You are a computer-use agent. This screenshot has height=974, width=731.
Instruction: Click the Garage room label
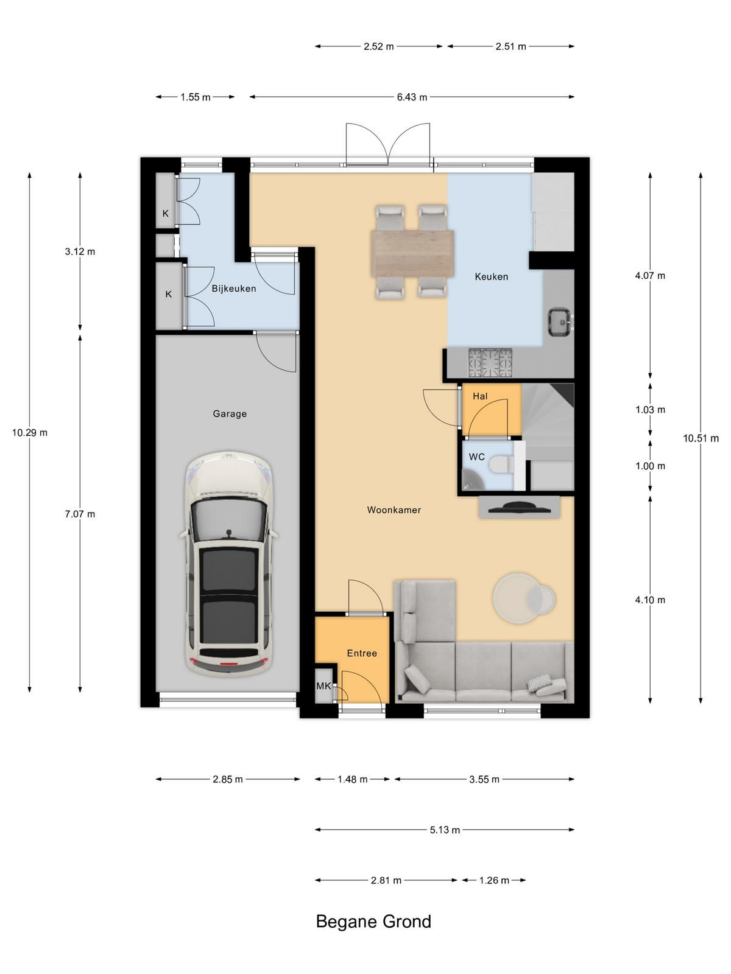[x=230, y=414]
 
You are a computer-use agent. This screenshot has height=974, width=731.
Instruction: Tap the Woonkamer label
[x=394, y=510]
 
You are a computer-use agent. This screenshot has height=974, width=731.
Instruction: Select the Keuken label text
[x=492, y=277]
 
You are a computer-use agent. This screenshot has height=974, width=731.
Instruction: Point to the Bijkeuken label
[x=234, y=289]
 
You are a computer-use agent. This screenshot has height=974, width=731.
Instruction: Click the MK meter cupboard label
[x=323, y=686]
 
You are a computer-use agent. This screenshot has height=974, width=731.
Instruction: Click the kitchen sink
[x=560, y=321]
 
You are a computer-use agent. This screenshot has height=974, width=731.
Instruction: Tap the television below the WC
[x=519, y=508]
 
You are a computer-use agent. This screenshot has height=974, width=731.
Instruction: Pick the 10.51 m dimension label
[x=701, y=438]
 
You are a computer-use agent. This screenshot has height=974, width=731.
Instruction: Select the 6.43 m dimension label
[x=412, y=97]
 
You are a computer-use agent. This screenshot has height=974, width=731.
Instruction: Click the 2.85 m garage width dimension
[x=228, y=779]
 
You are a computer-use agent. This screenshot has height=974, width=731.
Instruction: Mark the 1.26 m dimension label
[x=494, y=880]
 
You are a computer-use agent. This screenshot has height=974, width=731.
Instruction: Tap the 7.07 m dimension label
[x=80, y=514]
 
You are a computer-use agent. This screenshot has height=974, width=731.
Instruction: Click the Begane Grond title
[x=373, y=922]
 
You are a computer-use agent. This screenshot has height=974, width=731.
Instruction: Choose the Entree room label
[x=362, y=653]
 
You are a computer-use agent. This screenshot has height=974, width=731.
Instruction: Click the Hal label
[x=480, y=396]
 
